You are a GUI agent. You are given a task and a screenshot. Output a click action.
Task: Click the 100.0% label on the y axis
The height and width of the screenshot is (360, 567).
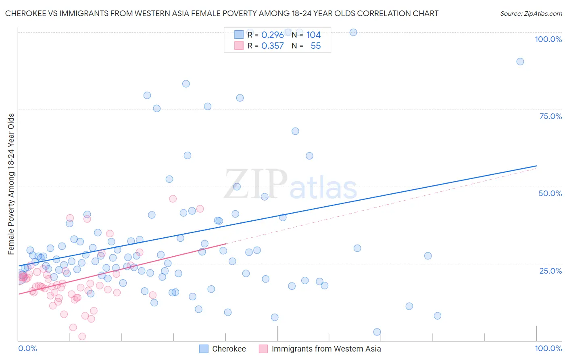pos(548,39)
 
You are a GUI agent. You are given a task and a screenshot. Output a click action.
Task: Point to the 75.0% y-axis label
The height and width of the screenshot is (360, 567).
pos(550,116)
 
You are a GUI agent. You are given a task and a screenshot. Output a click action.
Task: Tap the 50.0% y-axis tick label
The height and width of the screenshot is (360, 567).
pos(550,193)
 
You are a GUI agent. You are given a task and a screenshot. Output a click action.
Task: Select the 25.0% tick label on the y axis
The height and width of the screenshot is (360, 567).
pos(550,270)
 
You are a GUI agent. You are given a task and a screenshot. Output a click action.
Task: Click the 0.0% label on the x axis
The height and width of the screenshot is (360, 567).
pos(27,348)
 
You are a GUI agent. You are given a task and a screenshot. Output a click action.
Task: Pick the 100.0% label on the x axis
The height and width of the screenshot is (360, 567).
pos(548,348)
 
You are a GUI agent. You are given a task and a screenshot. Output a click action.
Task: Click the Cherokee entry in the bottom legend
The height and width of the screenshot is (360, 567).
pos(229,349)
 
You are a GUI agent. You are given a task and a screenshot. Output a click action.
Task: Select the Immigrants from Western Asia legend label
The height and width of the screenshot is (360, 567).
pos(326,349)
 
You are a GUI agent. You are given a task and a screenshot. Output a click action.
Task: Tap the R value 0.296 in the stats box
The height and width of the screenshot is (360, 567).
pos(273,35)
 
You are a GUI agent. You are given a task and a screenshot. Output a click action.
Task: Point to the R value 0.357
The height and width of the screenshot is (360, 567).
pos(273,46)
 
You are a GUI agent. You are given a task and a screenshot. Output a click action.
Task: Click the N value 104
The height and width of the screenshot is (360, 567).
pos(313,35)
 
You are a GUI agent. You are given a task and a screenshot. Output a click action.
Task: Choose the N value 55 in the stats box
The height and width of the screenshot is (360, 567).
pos(316,46)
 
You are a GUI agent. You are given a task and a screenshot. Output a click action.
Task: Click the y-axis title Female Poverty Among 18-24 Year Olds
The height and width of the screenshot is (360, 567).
pos(11,184)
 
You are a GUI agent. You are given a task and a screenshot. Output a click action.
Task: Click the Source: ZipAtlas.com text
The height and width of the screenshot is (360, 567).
pos(531,14)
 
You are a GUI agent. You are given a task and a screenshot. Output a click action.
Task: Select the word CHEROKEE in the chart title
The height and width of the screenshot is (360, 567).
pos(25,14)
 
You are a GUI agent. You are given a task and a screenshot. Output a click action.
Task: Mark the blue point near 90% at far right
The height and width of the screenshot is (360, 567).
pos(520,62)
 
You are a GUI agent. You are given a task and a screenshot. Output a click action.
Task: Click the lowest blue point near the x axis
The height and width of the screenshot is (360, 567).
pos(377,332)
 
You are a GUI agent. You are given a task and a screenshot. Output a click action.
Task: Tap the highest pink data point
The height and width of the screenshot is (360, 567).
pos(173,199)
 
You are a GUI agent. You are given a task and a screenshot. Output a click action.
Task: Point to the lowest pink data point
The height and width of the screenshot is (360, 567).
pos(82,337)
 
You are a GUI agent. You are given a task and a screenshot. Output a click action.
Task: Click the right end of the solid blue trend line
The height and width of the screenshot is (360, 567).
pos(536,166)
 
